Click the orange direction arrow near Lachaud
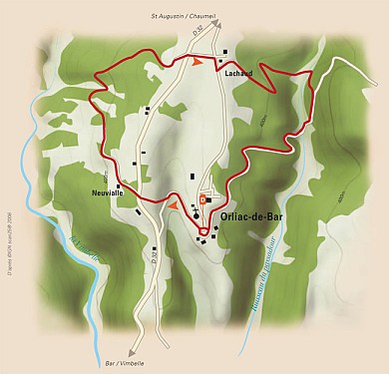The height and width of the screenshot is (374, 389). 197,61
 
